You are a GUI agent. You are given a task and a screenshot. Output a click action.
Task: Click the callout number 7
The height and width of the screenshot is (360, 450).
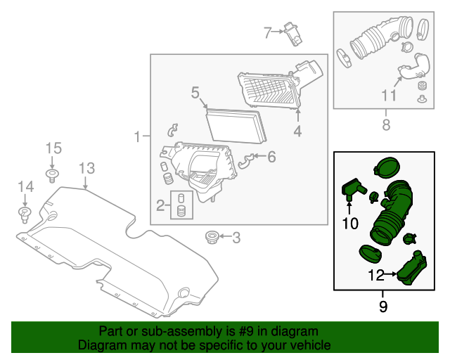click(x=267, y=32)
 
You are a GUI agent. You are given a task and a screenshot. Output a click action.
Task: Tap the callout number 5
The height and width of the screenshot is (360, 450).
click(x=195, y=92)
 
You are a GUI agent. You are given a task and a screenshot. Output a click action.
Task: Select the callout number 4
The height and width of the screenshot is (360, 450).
click(x=297, y=131)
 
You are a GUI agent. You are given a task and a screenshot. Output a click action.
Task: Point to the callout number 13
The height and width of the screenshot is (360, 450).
click(x=86, y=168)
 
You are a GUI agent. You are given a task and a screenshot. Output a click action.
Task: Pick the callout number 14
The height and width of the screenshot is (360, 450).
click(x=25, y=186)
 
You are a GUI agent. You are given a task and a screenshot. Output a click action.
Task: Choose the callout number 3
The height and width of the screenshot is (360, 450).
click(x=236, y=238)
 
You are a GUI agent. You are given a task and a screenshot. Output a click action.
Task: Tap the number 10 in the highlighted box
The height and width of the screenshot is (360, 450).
click(x=350, y=224)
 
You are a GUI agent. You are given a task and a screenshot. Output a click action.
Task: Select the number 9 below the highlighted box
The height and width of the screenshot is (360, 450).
click(x=383, y=306)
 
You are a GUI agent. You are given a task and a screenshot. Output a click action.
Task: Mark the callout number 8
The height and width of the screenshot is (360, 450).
click(x=385, y=125)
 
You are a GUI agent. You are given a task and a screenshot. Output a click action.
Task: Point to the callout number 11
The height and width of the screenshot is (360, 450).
click(x=389, y=96)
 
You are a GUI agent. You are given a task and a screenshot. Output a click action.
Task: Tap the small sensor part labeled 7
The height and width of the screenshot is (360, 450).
click(x=291, y=32)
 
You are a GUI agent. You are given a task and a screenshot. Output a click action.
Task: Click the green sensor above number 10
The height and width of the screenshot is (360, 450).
click(x=351, y=188)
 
